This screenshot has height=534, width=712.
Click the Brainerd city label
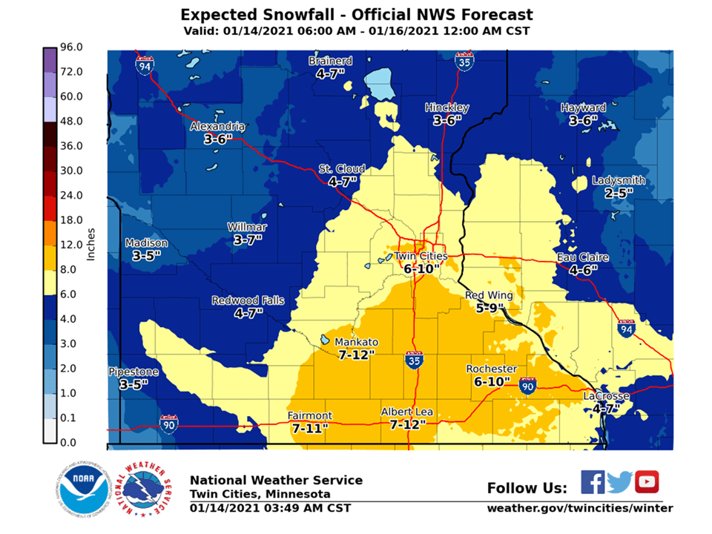pyautogui.click(x=330, y=61)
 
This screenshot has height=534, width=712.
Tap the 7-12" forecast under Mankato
pyautogui.click(x=356, y=355)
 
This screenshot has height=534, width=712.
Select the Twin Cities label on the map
pyautogui.click(x=420, y=256)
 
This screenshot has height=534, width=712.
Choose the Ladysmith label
pyautogui.click(x=619, y=180)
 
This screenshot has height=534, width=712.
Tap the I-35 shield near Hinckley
pyautogui.click(x=464, y=62)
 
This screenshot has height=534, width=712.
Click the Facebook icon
pyautogui.click(x=592, y=482)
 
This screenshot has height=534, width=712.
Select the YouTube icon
pyautogui.click(x=647, y=482)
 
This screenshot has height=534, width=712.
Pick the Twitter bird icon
pyautogui.click(x=619, y=482)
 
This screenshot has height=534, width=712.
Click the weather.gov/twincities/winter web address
pyautogui.click(x=580, y=508)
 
